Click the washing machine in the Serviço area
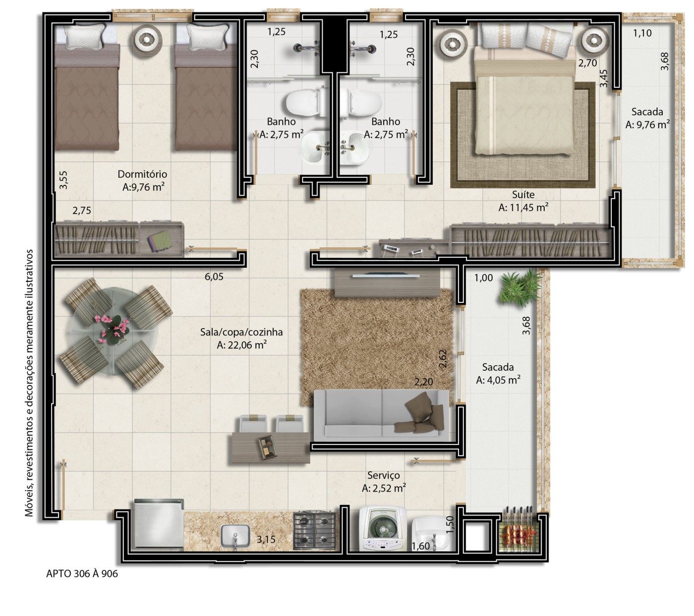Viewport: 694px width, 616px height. [382, 529]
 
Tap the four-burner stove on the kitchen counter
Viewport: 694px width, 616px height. [314, 531]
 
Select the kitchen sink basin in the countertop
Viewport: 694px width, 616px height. [235, 536]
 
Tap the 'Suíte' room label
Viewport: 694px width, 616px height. [523, 194]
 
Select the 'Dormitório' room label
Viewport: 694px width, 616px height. [142, 174]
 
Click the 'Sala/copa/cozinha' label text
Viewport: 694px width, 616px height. [241, 332]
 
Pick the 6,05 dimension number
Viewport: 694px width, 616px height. [214, 277]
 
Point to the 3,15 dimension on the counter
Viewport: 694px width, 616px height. [266, 539]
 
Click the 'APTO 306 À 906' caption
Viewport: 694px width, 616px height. [82, 573]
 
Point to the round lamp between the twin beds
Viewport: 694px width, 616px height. [147, 39]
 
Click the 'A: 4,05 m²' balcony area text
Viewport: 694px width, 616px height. [498, 380]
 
